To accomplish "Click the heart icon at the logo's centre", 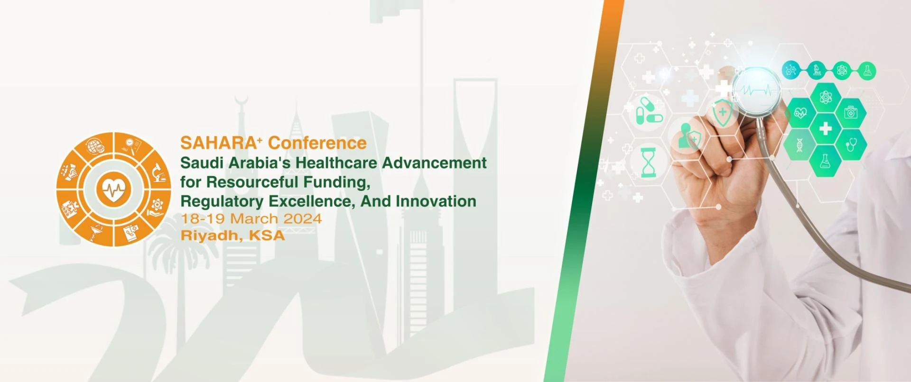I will coord(113,190).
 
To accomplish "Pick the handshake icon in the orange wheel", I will coord(70,172).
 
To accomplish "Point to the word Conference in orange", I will coord(317,143).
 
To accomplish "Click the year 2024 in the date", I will coord(303,219).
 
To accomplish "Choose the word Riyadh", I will coord(209,236).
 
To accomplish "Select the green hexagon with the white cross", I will coord(826,128).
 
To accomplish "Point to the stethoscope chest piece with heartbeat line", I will coord(757,91).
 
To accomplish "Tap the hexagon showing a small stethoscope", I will coord(850,144).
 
